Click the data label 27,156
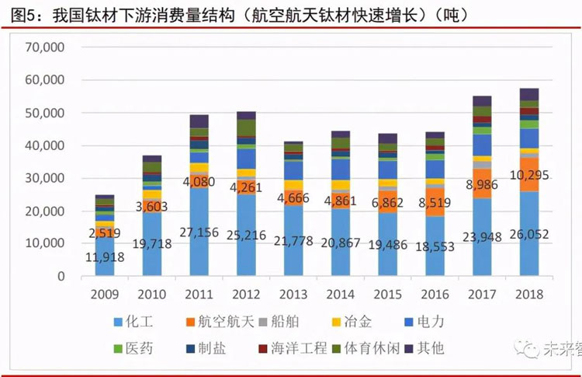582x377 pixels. click(200, 232)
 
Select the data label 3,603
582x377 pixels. click(153, 208)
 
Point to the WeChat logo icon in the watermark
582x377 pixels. click(531, 351)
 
